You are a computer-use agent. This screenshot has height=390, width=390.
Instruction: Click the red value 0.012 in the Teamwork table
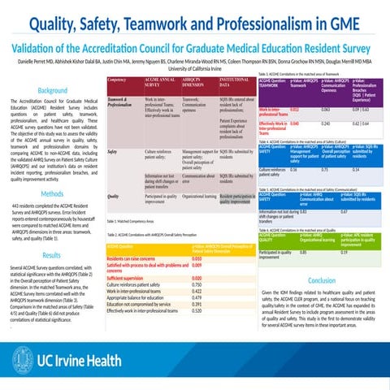click(295, 107)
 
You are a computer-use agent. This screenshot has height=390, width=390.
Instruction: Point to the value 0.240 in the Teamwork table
click(326, 123)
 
